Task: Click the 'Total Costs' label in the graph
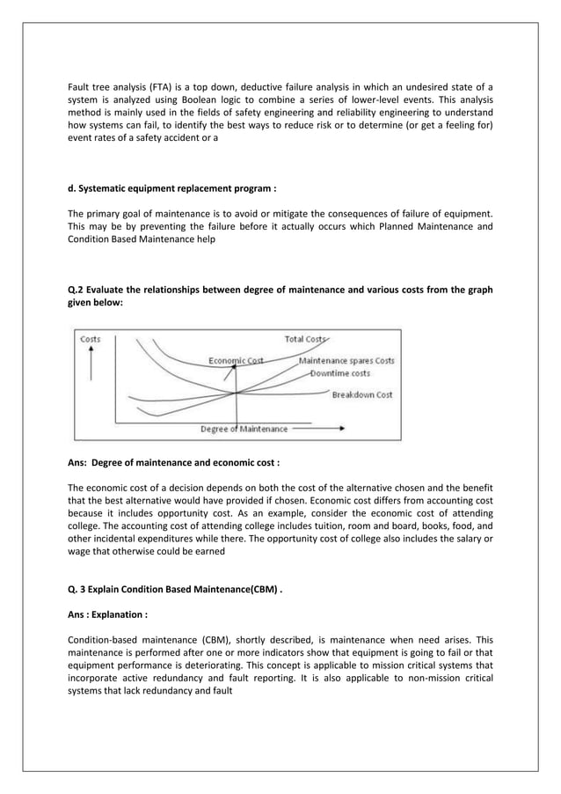(x=305, y=339)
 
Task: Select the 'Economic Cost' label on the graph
(x=235, y=360)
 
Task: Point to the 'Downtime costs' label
(x=341, y=373)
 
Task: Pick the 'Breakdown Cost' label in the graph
(x=361, y=395)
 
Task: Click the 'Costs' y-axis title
(x=91, y=340)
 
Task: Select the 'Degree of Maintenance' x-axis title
(x=244, y=430)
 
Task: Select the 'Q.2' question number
(x=77, y=289)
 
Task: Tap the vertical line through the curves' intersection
(x=236, y=396)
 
